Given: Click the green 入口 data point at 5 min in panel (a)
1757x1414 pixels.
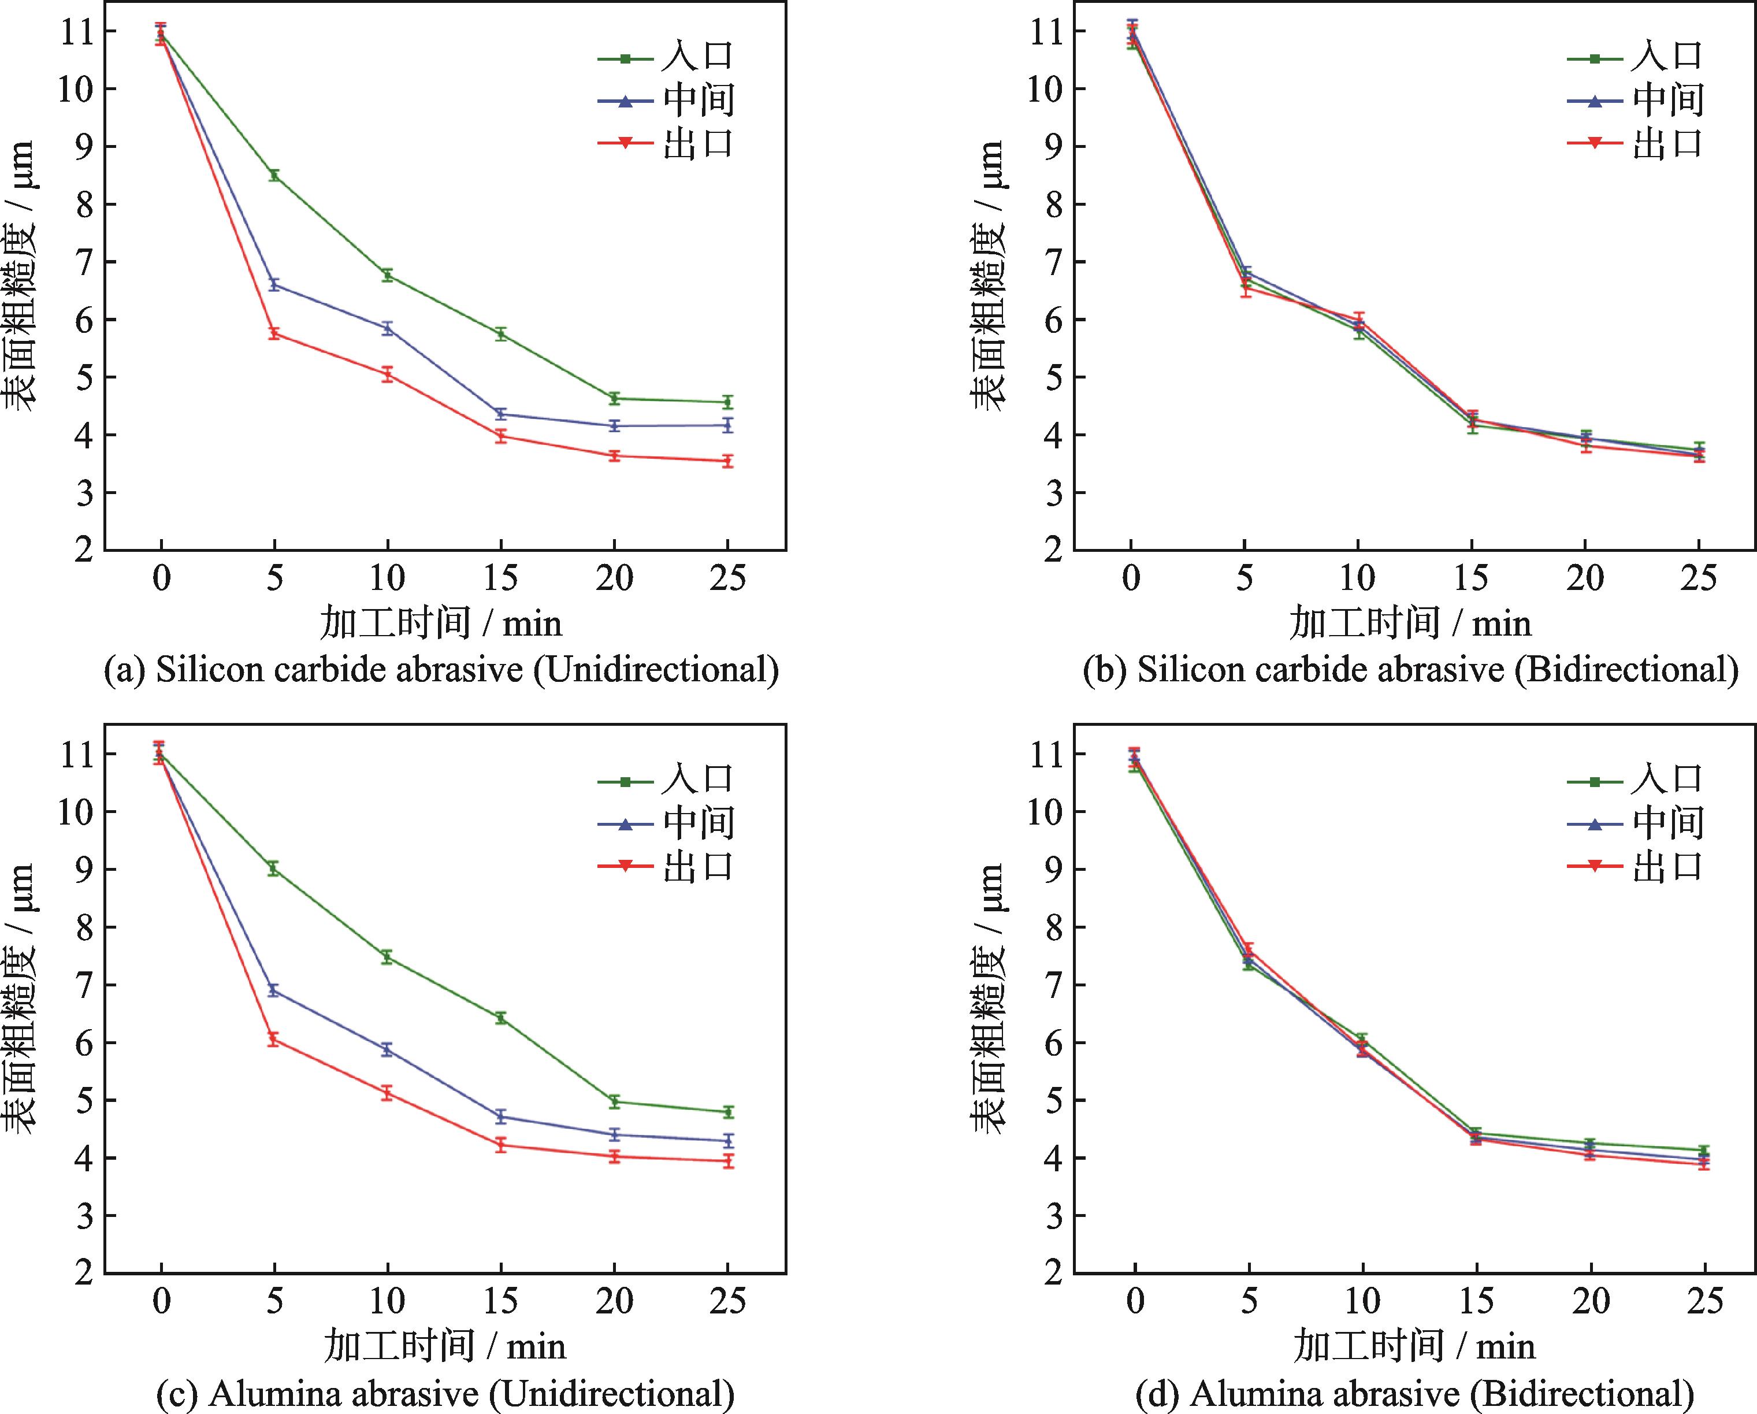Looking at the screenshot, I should [x=274, y=175].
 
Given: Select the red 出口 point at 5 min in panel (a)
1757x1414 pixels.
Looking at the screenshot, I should [x=274, y=332].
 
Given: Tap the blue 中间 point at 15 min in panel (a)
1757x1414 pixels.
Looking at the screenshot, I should [x=501, y=414].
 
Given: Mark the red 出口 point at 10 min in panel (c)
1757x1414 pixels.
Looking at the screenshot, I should [x=388, y=1093].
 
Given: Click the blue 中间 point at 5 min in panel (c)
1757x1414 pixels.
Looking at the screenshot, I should [x=274, y=990].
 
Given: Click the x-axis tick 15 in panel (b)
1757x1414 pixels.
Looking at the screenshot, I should [x=1471, y=578].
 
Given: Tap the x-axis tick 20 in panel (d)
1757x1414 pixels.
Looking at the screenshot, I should [x=1590, y=1301].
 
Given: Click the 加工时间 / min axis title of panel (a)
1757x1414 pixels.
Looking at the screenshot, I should [x=441, y=624].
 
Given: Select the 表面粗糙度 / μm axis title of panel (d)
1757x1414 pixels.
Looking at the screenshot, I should [x=989, y=999].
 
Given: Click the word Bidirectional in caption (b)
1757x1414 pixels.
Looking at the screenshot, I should [x=1625, y=670].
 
